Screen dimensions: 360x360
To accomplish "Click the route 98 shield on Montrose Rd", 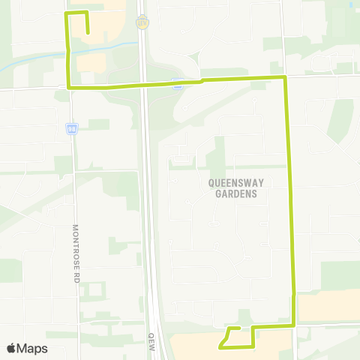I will click(70, 128).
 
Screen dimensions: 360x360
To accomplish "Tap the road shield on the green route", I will click(177, 84).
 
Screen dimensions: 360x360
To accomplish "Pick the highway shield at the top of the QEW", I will click(141, 22).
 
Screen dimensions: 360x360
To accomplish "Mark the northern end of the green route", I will click(88, 32).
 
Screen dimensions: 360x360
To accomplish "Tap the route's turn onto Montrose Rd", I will click(70, 88).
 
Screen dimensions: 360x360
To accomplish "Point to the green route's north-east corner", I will click(285, 77).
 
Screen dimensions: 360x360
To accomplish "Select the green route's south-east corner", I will click(294, 325).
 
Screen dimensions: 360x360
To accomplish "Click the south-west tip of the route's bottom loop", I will click(220, 347).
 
